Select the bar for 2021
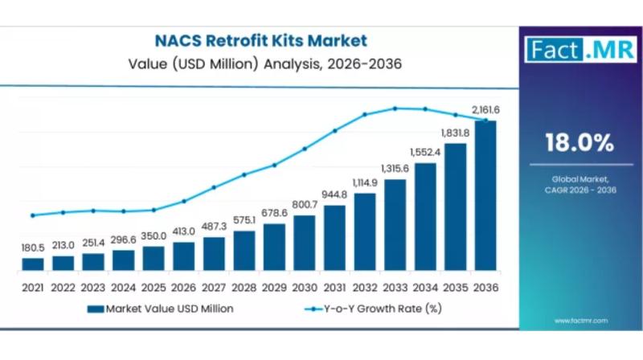(x=33, y=264)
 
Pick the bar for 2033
(x=395, y=224)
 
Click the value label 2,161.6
(x=485, y=110)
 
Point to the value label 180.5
(x=33, y=247)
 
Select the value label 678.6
(x=274, y=213)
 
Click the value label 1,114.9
(x=365, y=182)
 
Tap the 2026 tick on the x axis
(x=184, y=287)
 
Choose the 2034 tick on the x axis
(x=425, y=287)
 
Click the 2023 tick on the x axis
(x=93, y=287)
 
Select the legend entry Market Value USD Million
(x=160, y=309)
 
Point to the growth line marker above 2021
(x=33, y=215)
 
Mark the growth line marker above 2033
(x=395, y=108)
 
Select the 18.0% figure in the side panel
(x=579, y=143)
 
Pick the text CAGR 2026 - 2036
(x=580, y=189)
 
